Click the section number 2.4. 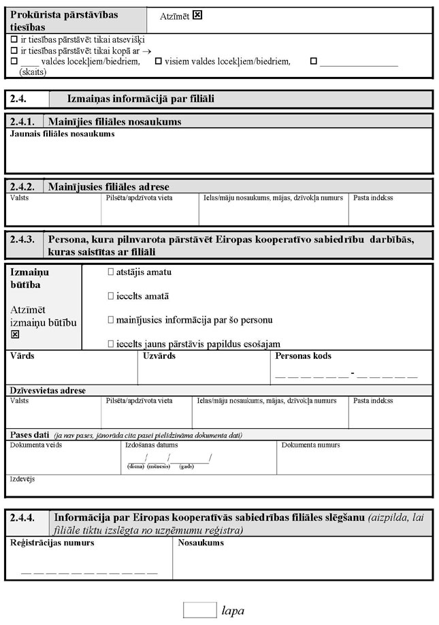(x=18, y=99)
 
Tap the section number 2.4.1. (x=24, y=122)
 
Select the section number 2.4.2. (x=24, y=187)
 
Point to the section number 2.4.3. (x=24, y=239)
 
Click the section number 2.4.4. (x=25, y=517)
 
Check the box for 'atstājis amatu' (x=111, y=272)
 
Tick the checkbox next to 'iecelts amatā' (x=111, y=296)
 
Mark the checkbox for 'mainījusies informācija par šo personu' (x=111, y=319)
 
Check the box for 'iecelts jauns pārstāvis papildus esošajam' (x=111, y=343)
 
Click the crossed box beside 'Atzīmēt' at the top (x=197, y=14)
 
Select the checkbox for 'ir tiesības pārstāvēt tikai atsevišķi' (x=14, y=39)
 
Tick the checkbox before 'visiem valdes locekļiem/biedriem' (x=159, y=61)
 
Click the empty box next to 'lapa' (x=199, y=609)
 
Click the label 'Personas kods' (x=304, y=355)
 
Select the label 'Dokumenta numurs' (x=310, y=445)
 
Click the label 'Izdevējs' (x=22, y=479)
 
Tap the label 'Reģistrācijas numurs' (x=52, y=543)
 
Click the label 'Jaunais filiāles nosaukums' (x=62, y=133)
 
